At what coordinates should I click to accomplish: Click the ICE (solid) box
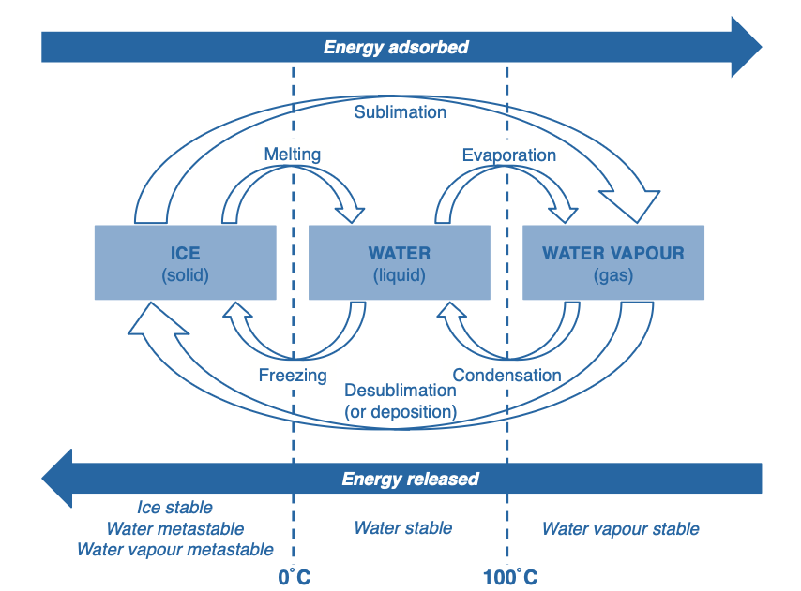coord(186,262)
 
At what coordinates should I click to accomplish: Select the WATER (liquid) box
coord(399,262)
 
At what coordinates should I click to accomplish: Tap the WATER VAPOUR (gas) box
coord(612,262)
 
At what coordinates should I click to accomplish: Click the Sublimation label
coord(400,112)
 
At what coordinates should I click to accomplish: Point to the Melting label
coord(292,155)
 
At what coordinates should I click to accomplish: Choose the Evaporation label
coord(508,155)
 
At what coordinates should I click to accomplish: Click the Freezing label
coord(293,376)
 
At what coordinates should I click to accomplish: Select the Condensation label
coord(506,376)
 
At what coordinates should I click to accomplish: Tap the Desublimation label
coord(400,391)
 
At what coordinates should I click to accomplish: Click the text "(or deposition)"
coord(400,411)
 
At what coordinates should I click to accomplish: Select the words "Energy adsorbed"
coord(396,47)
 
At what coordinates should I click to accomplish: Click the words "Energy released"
coord(410,480)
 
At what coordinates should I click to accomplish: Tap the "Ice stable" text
coord(174,509)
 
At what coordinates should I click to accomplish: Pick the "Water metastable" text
coord(174,529)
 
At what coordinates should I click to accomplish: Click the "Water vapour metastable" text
coord(174,550)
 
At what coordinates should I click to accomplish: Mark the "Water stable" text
coord(402,528)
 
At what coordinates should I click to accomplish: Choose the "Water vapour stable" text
coord(620,529)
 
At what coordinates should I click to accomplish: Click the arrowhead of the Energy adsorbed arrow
coord(746,47)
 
